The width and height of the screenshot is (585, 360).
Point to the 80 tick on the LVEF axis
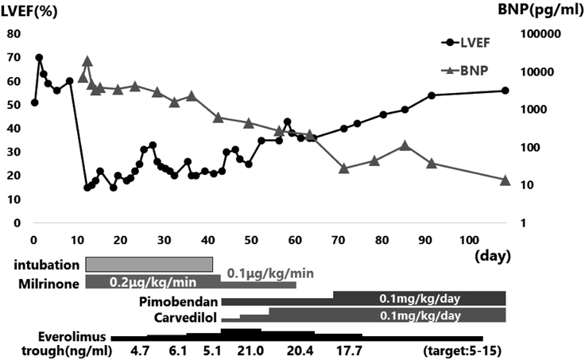coord(13,34)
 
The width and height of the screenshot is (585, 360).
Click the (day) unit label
coord(491,257)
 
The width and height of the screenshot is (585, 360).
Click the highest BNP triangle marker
coord(87,60)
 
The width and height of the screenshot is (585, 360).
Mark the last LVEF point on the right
coord(506,91)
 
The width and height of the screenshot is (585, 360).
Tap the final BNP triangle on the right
coord(506,180)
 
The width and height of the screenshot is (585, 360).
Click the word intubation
coord(50,265)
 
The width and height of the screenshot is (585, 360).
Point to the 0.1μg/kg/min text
coord(270,273)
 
